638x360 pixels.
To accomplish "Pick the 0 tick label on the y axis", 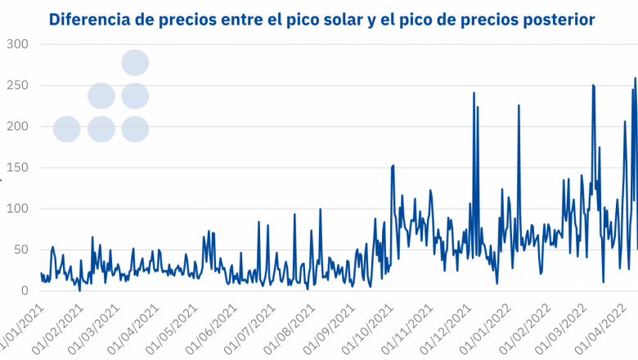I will click(24, 290).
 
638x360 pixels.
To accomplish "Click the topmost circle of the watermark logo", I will click(135, 62).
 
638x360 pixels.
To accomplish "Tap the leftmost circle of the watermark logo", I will click(66, 128).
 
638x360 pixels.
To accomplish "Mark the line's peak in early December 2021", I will click(474, 92).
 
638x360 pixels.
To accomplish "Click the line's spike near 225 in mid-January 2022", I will click(519, 105).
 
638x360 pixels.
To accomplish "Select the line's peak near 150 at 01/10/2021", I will click(393, 165).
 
